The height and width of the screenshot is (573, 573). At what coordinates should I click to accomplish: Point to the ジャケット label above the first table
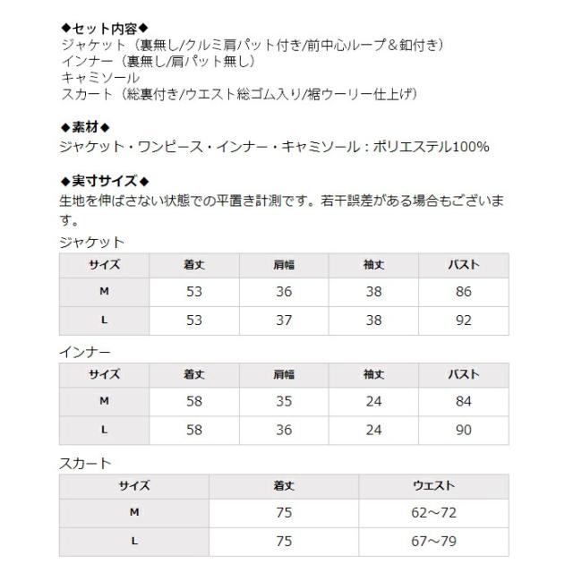(91, 242)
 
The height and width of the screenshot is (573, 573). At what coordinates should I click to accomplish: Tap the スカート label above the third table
(84, 463)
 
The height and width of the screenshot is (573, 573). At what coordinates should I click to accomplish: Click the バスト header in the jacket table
(463, 265)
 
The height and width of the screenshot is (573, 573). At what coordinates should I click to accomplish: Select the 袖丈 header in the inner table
(373, 374)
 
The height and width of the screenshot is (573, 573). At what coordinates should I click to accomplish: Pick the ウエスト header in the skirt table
(433, 485)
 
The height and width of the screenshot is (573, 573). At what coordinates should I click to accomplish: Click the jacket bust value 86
(463, 292)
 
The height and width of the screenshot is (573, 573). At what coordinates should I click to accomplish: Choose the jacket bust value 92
(463, 321)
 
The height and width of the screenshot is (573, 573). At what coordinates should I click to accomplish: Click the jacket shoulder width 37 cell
(284, 321)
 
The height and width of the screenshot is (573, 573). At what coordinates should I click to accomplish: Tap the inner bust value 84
(463, 401)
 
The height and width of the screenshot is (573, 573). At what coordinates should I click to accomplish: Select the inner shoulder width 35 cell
(284, 401)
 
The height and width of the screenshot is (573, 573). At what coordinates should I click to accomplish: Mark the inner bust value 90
(463, 430)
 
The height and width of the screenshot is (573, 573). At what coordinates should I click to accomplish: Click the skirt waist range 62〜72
(433, 513)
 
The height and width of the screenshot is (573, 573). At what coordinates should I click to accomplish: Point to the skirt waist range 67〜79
(433, 541)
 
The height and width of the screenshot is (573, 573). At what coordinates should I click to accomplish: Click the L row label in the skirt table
(134, 541)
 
